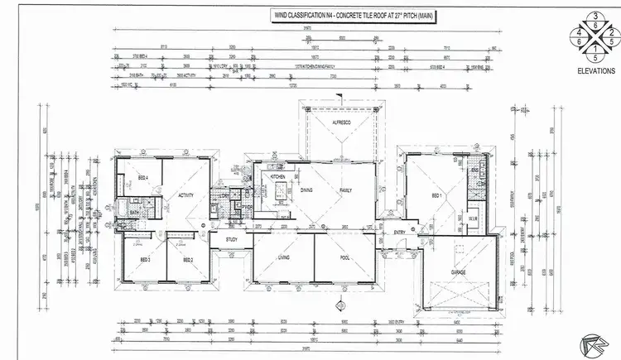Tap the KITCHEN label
pos(277,176)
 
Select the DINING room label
pos(306,190)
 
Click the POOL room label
pos(345,258)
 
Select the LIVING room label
pos(282,258)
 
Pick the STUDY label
pos(233,239)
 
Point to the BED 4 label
pos(142,178)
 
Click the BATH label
pos(133,213)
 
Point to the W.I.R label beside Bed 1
pos(474,220)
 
